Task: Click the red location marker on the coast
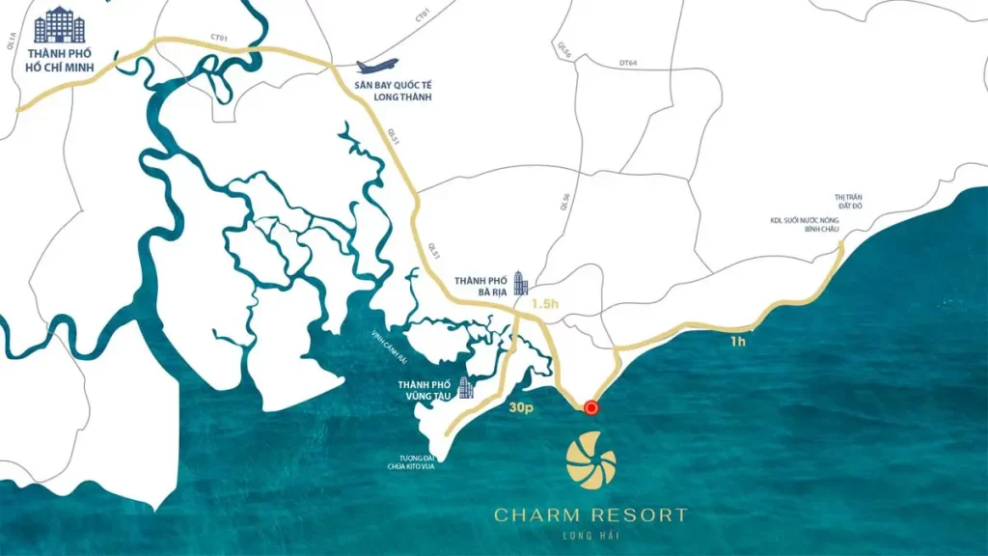[x=591, y=408]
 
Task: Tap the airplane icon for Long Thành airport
[x=377, y=67]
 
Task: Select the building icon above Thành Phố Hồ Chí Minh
[x=59, y=25]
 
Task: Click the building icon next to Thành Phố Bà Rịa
[x=521, y=282]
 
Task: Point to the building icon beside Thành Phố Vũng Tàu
[x=466, y=388]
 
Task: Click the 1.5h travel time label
[x=546, y=304]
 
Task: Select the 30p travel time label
[x=521, y=408]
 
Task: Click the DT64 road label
[x=628, y=64]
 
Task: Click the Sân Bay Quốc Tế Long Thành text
[x=392, y=92]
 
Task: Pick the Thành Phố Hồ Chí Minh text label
[x=59, y=60]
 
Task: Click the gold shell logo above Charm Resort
[x=590, y=460]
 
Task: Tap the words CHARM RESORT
[x=590, y=514]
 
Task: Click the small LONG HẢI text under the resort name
[x=590, y=537]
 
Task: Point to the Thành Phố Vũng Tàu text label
[x=424, y=390]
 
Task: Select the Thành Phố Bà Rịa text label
[x=480, y=284]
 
